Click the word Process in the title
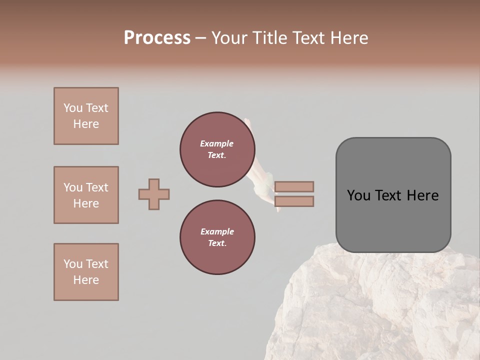tap(157, 38)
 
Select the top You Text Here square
tap(86, 116)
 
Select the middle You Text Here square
tap(86, 195)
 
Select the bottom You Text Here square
tap(86, 272)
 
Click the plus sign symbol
tap(154, 194)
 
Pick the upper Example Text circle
tap(217, 149)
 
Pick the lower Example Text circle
tap(217, 237)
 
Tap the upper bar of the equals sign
tap(294, 186)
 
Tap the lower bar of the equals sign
tap(294, 201)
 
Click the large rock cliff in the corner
tap(380, 310)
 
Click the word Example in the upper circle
tap(216, 143)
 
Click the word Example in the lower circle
tap(217, 231)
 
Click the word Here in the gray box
tap(422, 195)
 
